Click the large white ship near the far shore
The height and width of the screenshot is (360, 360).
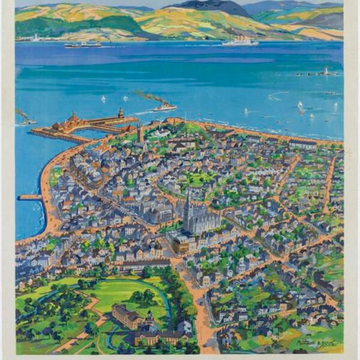coord(240,43)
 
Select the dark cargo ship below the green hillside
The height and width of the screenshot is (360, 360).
coord(83,44)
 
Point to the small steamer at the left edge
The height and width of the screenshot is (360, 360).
coord(27,122)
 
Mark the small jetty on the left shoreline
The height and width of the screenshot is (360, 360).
coord(30,197)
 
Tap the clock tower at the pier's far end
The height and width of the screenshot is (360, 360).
coord(121,113)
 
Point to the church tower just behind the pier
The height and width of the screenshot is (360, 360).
coord(140,133)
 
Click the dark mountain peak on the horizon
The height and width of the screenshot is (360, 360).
coord(210,7)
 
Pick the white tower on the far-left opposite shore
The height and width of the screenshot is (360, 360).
coord(37,37)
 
